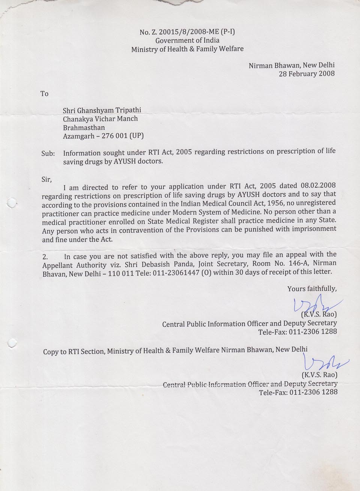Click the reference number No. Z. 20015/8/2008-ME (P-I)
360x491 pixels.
pyautogui.click(x=187, y=32)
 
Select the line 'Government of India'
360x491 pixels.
pyautogui.click(x=187, y=40)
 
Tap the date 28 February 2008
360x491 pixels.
pyautogui.click(x=306, y=73)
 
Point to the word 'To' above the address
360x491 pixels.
pyautogui.click(x=44, y=94)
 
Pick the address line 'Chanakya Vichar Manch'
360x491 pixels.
pyautogui.click(x=100, y=119)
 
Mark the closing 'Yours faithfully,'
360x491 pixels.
pyautogui.click(x=312, y=289)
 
